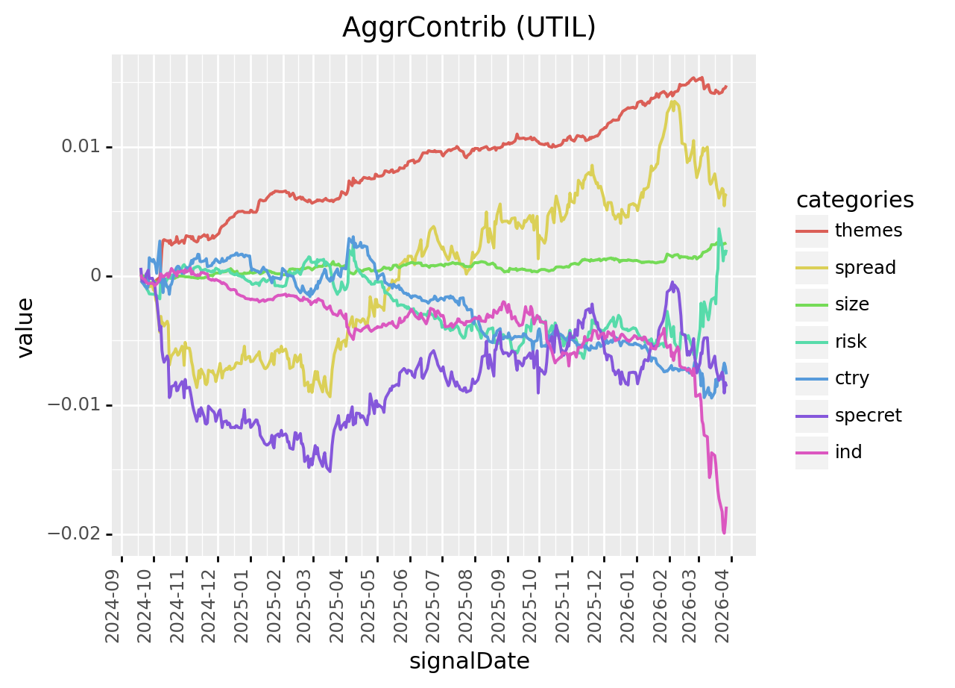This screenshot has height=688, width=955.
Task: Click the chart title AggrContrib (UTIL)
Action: pyautogui.click(x=469, y=28)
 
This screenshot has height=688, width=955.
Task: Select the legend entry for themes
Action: pyautogui.click(x=869, y=231)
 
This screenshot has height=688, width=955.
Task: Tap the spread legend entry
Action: pyautogui.click(x=866, y=267)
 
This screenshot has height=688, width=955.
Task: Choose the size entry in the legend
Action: pyautogui.click(x=852, y=304)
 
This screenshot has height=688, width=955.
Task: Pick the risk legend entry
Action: pyautogui.click(x=851, y=342)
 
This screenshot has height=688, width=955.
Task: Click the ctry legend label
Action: pyautogui.click(x=852, y=378)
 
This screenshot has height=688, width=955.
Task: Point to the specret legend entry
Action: pyautogui.click(x=869, y=415)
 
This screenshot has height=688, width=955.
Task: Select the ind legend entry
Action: pyautogui.click(x=848, y=452)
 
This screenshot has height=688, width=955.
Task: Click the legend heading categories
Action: pyautogui.click(x=854, y=200)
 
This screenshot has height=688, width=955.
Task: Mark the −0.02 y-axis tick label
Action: pyautogui.click(x=75, y=534)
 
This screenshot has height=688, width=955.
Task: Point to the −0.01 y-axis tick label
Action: pyautogui.click(x=75, y=405)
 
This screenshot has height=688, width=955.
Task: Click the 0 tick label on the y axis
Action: pyautogui.click(x=96, y=276)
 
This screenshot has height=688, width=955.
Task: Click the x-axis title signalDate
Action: pyautogui.click(x=469, y=661)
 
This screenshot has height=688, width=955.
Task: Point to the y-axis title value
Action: pyautogui.click(x=26, y=328)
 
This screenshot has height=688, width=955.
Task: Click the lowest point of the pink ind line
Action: pyautogui.click(x=724, y=533)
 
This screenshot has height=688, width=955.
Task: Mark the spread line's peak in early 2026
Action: pyautogui.click(x=673, y=101)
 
